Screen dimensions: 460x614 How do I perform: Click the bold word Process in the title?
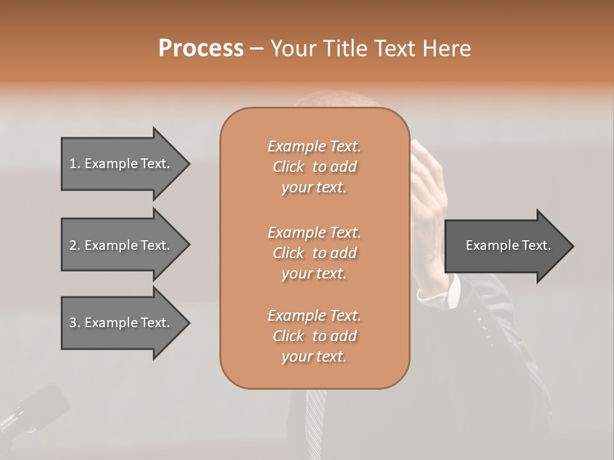coord(201,49)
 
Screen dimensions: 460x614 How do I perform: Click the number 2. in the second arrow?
coord(75,245)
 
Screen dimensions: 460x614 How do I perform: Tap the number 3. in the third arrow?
coord(75,323)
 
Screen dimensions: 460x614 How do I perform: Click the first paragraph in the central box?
coord(314,167)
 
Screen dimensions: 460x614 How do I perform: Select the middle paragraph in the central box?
coord(314,252)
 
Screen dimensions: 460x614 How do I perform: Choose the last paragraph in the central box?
coord(314,336)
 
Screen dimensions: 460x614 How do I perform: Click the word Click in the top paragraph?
coord(288,167)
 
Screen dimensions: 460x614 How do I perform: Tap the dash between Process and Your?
coord(257,49)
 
